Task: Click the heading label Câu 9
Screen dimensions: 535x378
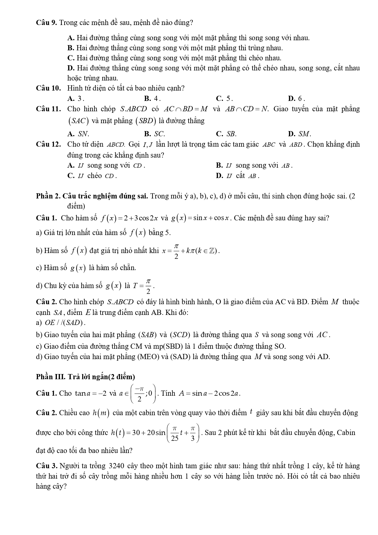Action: (x=47, y=23)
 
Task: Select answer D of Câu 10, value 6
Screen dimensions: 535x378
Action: (x=296, y=98)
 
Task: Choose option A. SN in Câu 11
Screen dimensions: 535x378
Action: (x=78, y=134)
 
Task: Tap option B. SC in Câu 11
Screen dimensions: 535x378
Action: (x=154, y=134)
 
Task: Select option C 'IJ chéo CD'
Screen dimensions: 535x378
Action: (x=92, y=176)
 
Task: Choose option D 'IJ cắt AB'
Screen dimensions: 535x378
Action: (x=237, y=176)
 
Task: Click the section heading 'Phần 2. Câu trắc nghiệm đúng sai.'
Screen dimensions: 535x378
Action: (x=92, y=196)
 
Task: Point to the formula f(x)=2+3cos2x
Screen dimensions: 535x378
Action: (x=129, y=218)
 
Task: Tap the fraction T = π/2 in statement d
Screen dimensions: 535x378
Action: (x=143, y=286)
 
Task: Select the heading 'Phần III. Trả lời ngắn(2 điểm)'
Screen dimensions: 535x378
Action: (x=85, y=377)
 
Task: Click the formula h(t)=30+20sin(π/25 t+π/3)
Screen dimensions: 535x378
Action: (x=156, y=433)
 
